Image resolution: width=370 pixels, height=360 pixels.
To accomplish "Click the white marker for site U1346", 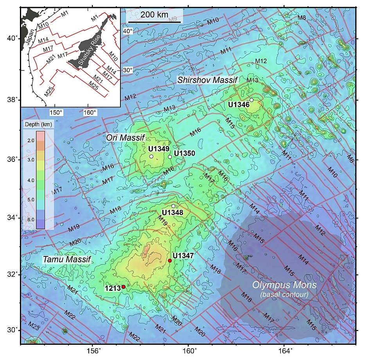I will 252,100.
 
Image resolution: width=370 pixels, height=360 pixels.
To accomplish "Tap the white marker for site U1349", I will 151,156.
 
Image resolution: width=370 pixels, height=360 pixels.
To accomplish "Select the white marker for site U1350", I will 170,157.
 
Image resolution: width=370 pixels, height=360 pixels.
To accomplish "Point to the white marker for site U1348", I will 173,206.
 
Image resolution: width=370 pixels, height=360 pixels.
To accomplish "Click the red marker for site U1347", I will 170,261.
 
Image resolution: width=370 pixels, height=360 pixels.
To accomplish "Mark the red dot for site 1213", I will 124,287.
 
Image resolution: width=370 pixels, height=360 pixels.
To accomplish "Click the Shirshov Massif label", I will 207,80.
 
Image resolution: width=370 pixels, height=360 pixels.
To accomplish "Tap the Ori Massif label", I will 126,138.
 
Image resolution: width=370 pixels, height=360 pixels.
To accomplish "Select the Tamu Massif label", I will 66,260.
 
